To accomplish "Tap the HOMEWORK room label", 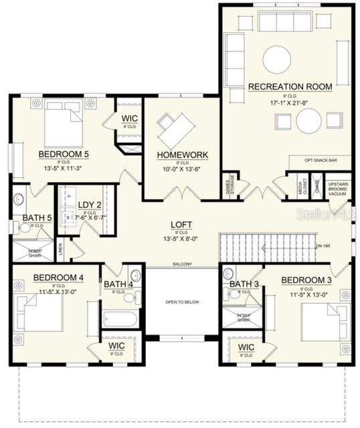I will point(183,154).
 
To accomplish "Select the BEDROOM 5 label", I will point(64,154).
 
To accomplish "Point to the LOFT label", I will point(181,225).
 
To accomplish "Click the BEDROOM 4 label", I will point(58,278).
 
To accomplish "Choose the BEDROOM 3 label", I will point(306,280).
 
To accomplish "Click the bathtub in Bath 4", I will point(120,318).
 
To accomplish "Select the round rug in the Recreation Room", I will point(276,60).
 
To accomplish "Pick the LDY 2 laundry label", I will point(89,205).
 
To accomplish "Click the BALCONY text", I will point(182,263).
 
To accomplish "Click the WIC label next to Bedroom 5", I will point(129,118).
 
